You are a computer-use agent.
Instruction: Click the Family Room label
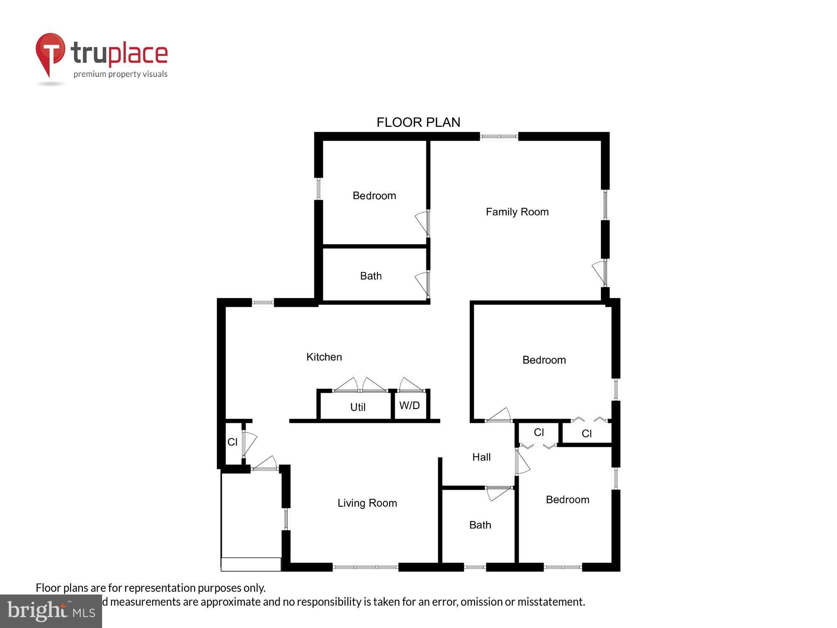pos(517,212)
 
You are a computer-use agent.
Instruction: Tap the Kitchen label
pos(324,357)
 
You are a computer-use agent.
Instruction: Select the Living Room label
pos(367,503)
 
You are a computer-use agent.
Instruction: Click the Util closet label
pos(358,407)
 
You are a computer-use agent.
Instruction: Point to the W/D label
pos(409,405)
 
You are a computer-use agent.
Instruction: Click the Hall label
pos(481,457)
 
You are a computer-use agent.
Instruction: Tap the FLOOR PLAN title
pos(418,122)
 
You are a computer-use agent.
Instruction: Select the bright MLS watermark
pos(51,611)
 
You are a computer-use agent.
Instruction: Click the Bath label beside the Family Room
pos(371,276)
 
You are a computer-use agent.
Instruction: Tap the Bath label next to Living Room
pos(480,525)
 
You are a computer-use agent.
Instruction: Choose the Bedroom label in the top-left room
pos(374,196)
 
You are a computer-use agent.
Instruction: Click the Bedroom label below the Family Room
pos(544,360)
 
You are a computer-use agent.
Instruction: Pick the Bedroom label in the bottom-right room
pos(567,500)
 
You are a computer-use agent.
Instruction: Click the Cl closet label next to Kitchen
pos(232,442)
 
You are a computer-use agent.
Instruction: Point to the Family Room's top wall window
pos(499,136)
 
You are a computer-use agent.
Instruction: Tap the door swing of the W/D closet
pos(411,384)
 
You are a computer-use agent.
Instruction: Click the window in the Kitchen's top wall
pos(263,302)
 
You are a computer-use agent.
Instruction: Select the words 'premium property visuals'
pos(121,75)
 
